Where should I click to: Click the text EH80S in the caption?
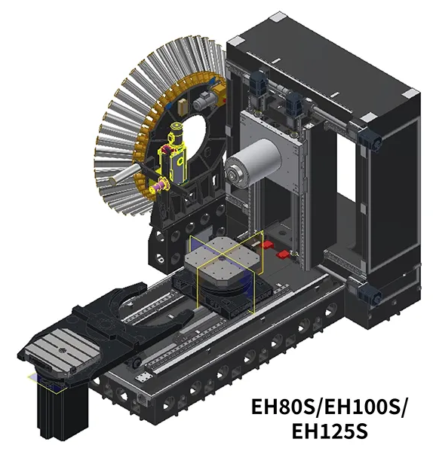[x=281, y=407]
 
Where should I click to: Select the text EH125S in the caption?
[x=330, y=431]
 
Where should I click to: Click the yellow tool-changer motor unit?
[x=177, y=151]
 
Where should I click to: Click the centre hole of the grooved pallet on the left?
[x=62, y=350]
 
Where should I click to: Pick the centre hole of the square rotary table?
[x=222, y=258]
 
